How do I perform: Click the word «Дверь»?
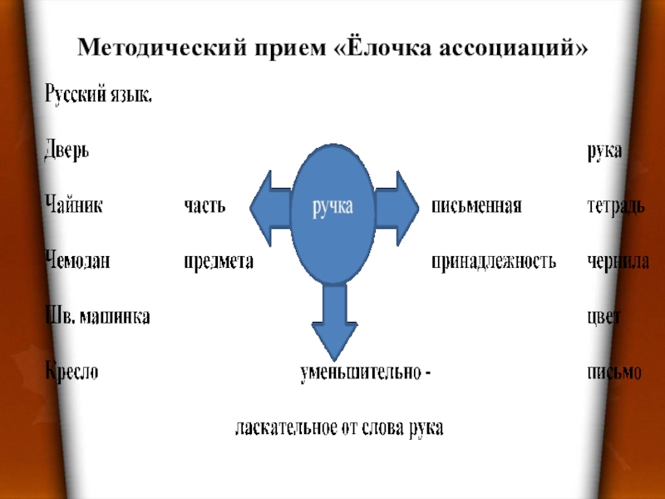point(66,151)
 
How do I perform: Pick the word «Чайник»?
point(73,205)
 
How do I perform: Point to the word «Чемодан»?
point(77,261)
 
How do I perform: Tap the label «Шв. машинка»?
point(96,316)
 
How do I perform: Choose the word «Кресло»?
point(71,372)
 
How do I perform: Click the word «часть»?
point(204,205)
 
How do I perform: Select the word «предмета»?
point(218,261)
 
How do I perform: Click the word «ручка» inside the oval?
point(332,206)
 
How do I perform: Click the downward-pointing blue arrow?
point(334,320)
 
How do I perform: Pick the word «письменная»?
point(476,205)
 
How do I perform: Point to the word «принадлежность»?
point(493,261)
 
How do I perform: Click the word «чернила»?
point(618,261)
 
